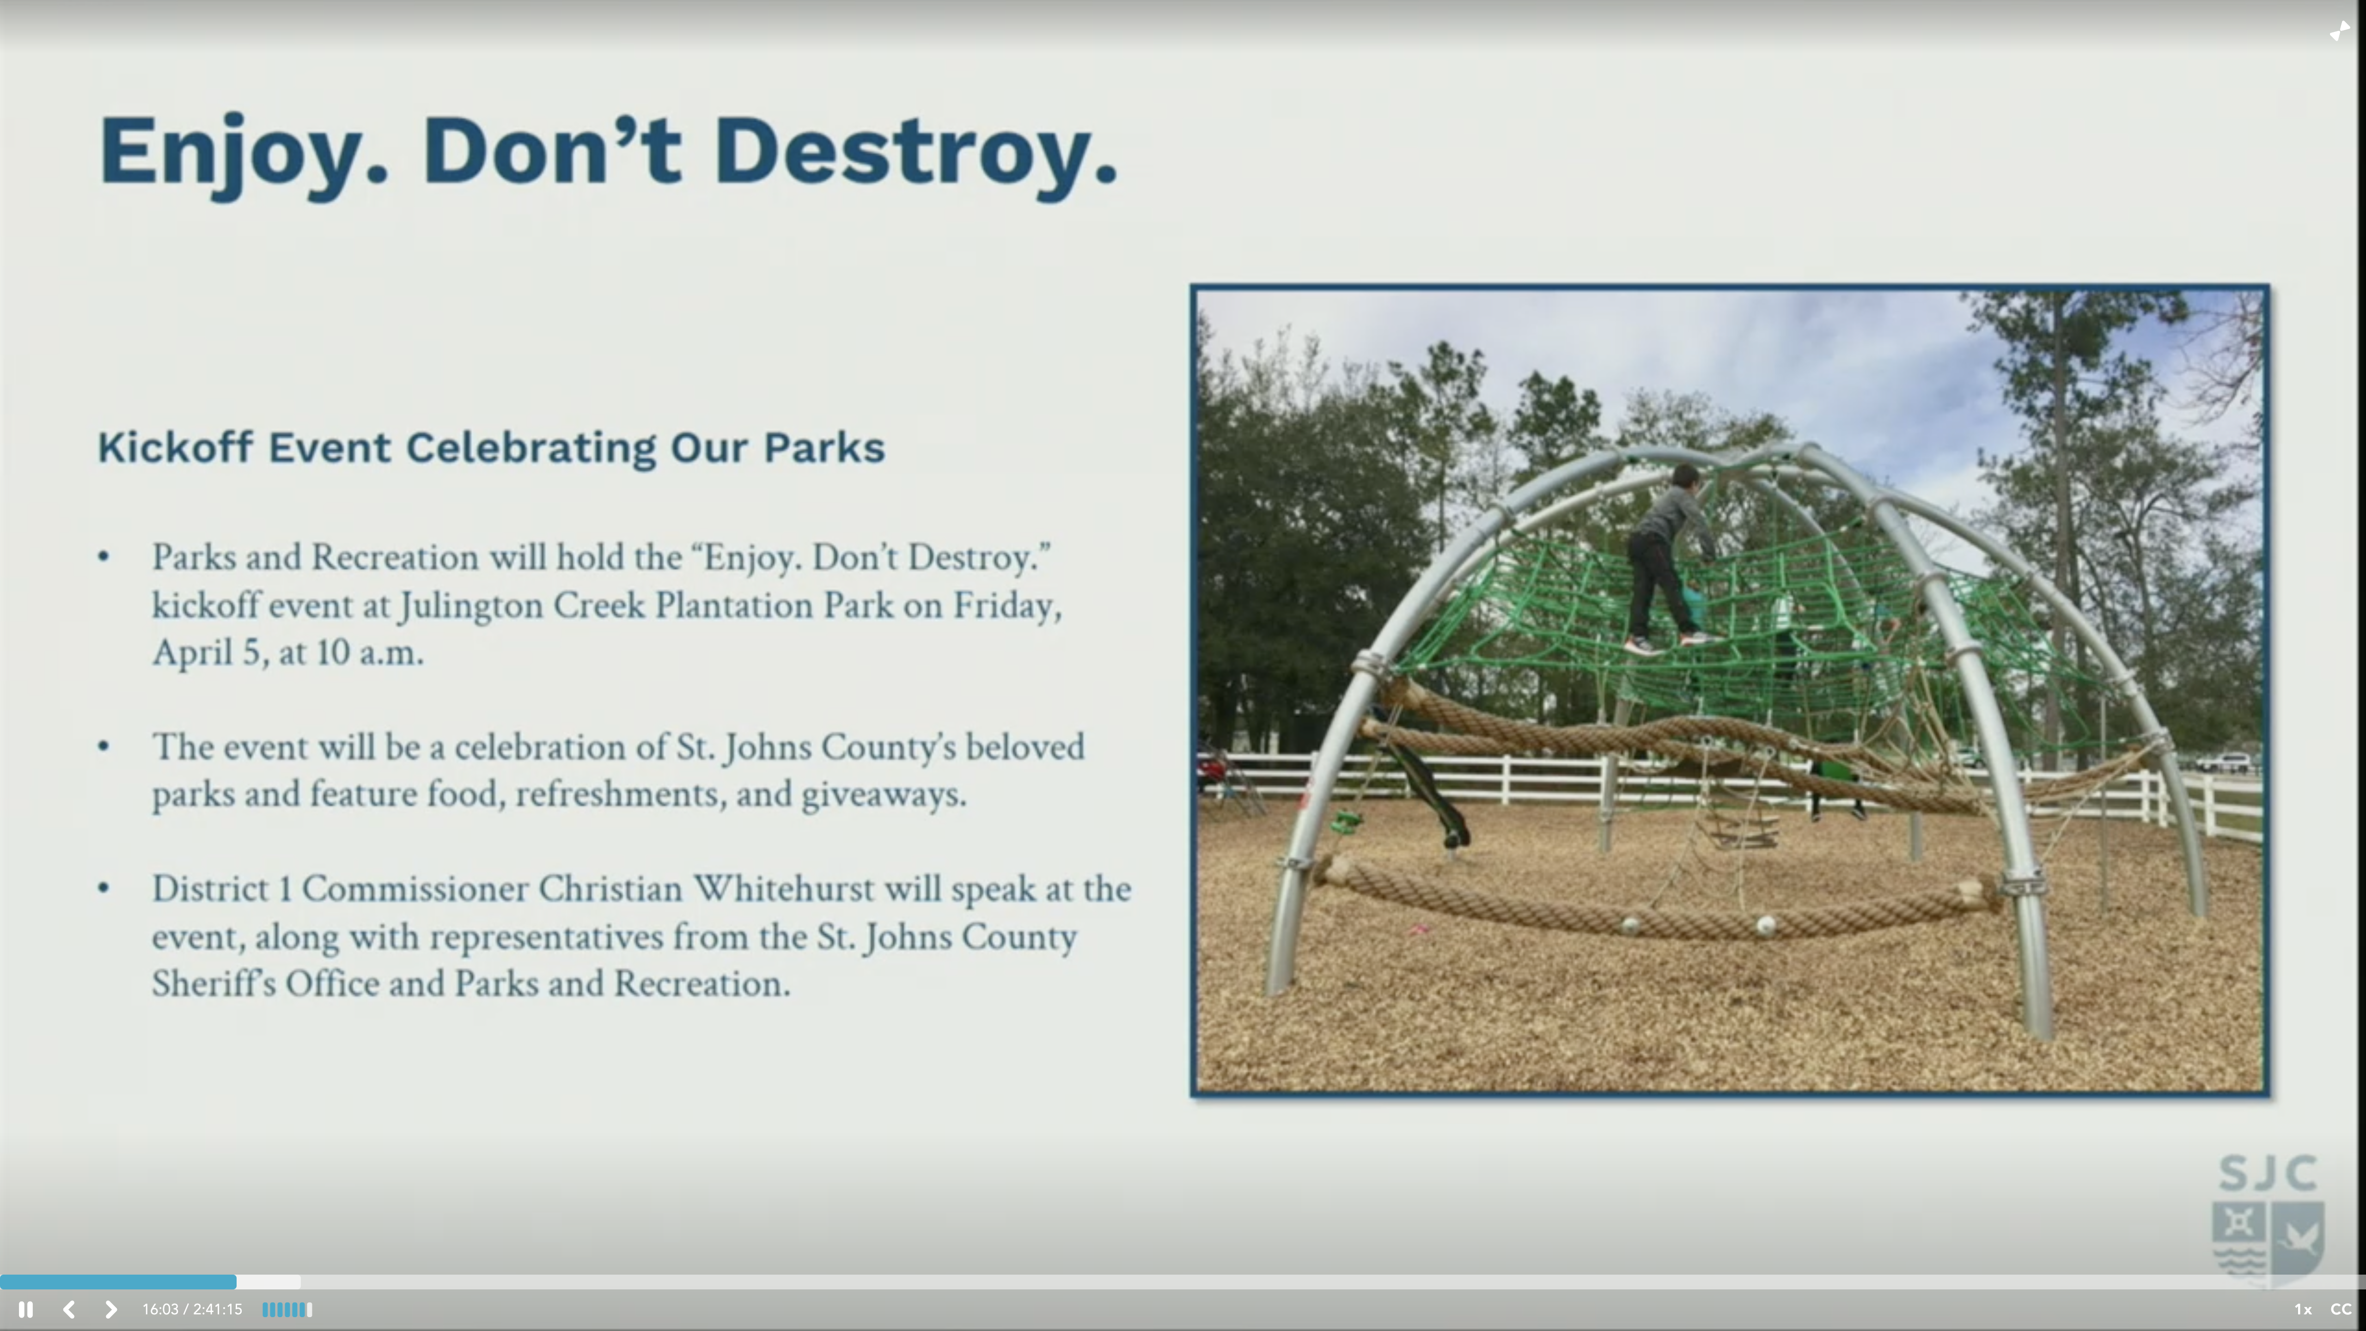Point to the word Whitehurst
coord(783,889)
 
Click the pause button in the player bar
coord(26,1309)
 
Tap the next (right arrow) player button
coord(110,1309)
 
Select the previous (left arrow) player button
coord(69,1309)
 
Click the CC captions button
coord(2340,1309)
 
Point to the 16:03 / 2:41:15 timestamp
coord(192,1309)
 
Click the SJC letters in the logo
coord(2268,1173)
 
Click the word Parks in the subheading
coord(824,447)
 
